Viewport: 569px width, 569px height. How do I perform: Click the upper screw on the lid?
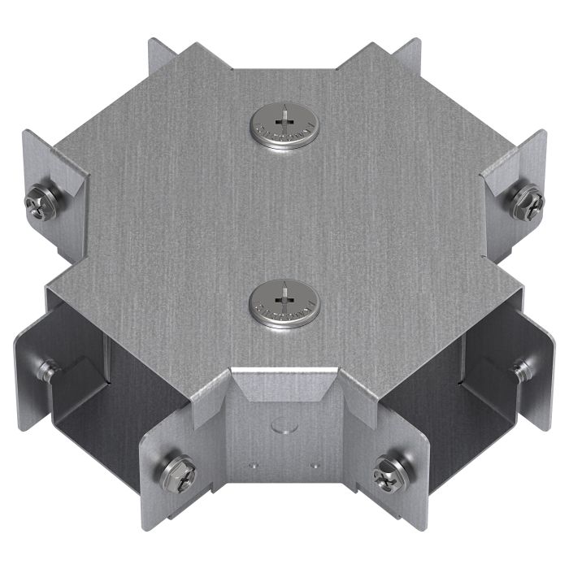coord(284,128)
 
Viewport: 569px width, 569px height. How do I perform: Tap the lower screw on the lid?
coord(284,303)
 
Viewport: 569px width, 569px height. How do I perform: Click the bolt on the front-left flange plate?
coord(177,469)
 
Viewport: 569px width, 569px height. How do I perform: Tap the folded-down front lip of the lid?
coord(283,384)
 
